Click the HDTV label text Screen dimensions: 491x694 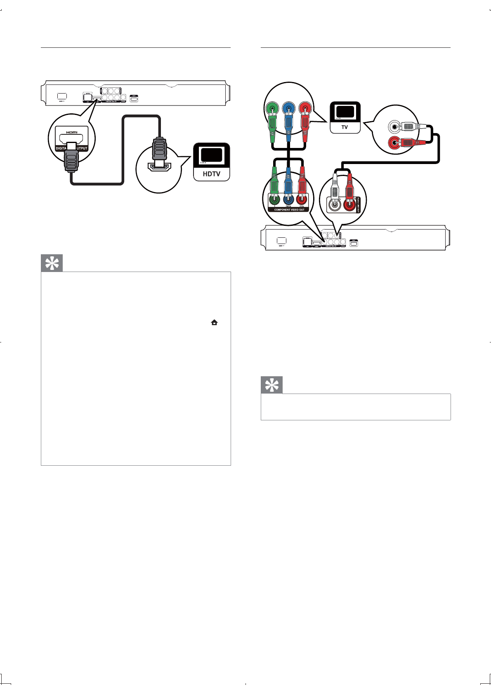click(211, 174)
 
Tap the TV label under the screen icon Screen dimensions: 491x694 click(345, 127)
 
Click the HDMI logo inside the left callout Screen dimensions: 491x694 click(72, 132)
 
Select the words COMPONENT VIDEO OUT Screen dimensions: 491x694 click(289, 210)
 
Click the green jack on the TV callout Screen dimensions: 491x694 click(272, 109)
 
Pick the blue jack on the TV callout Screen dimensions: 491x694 click(288, 109)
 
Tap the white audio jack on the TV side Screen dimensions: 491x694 click(395, 127)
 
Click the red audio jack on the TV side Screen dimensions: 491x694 click(395, 143)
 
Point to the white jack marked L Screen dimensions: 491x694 click(334, 204)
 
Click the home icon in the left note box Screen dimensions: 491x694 click(214, 323)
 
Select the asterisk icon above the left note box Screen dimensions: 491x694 click(52, 263)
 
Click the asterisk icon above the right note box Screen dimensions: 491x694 click(272, 385)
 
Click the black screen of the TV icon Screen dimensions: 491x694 click(345, 112)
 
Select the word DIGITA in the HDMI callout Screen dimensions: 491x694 click(61, 148)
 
